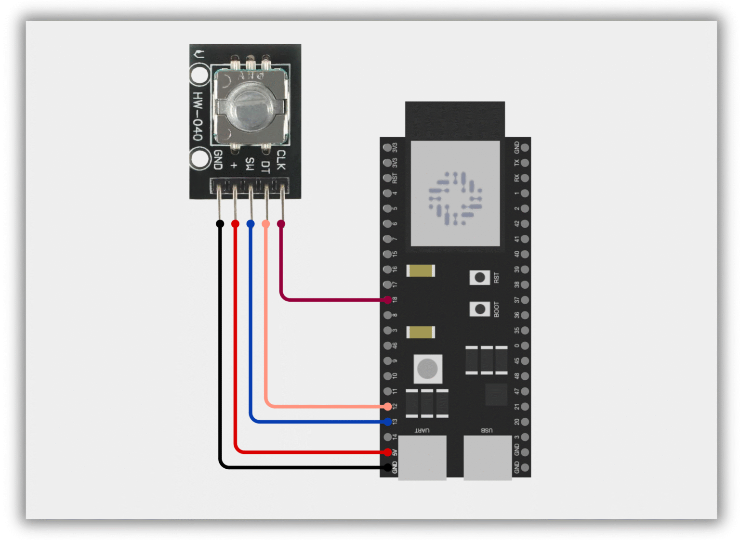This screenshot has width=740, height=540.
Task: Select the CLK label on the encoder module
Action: coord(281,160)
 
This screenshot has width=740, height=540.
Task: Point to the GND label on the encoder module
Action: coord(218,160)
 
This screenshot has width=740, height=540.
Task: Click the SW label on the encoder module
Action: coord(250,164)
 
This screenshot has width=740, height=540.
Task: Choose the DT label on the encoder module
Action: coord(265,167)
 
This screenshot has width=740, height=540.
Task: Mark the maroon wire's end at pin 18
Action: coord(387,300)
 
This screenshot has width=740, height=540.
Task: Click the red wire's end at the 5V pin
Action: coord(387,452)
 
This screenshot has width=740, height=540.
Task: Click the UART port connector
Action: coord(422,457)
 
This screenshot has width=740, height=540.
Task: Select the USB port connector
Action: coord(487,457)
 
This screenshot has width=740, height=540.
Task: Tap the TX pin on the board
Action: coord(525,163)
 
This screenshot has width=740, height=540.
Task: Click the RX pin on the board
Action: coord(525,178)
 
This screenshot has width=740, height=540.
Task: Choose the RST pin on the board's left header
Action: coord(387,178)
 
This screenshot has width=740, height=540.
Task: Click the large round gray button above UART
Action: coord(427,369)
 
